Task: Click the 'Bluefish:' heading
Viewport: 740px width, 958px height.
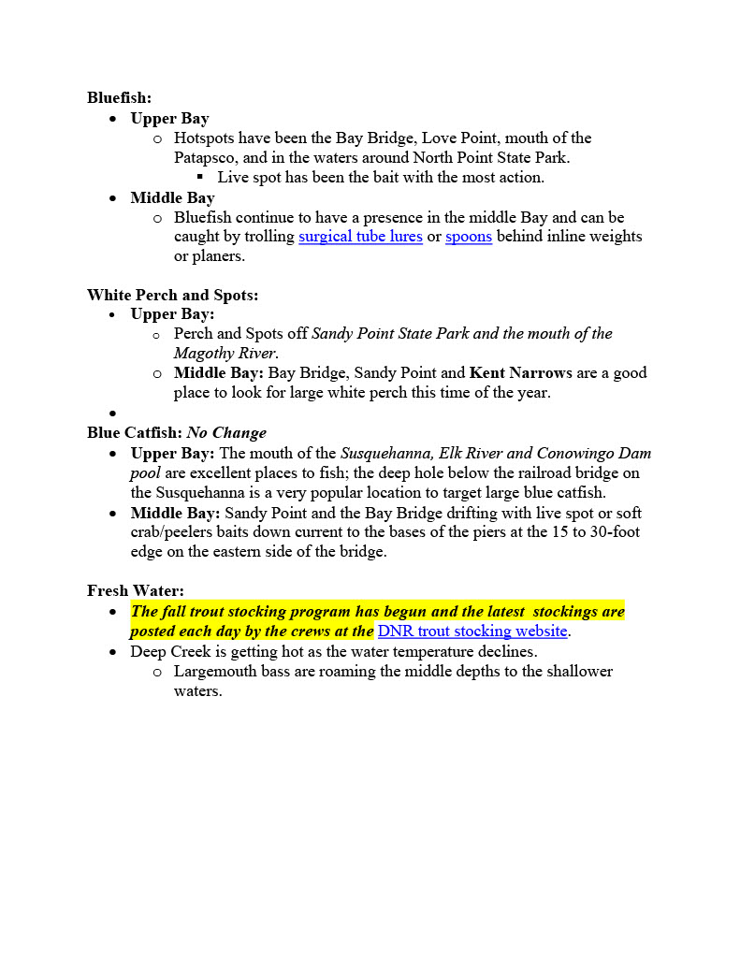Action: (x=119, y=97)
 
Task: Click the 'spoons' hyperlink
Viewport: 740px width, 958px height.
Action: (x=469, y=237)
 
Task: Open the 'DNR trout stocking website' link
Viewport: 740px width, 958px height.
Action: (x=472, y=631)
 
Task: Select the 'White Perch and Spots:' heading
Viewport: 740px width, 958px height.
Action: (x=173, y=295)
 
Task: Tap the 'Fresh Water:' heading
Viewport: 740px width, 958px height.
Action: (x=136, y=590)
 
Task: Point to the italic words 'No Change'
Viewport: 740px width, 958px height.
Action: (x=226, y=433)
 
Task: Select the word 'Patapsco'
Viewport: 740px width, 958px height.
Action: (x=204, y=158)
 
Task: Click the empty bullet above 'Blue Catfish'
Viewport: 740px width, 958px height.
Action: (x=112, y=413)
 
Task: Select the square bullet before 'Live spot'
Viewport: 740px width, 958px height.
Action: (x=200, y=177)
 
